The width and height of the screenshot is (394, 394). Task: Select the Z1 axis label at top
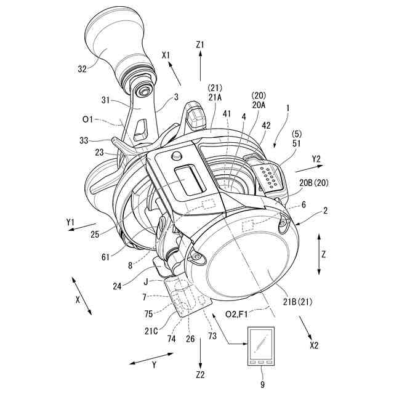point(201,44)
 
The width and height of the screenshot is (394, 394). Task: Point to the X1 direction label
point(166,55)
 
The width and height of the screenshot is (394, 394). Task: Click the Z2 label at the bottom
point(201,374)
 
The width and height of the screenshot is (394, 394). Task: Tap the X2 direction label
point(313,345)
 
